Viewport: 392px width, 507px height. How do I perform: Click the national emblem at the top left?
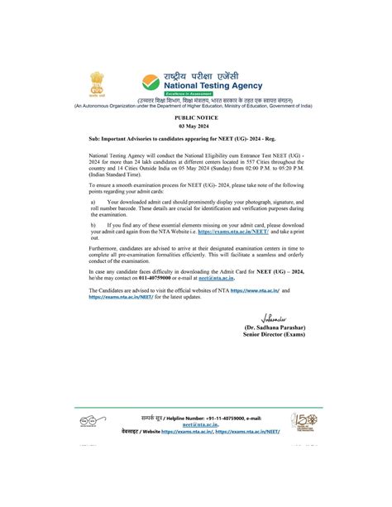point(98,84)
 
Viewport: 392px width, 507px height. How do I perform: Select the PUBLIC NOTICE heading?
point(195,118)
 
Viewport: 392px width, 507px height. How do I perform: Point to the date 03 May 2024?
point(195,127)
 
